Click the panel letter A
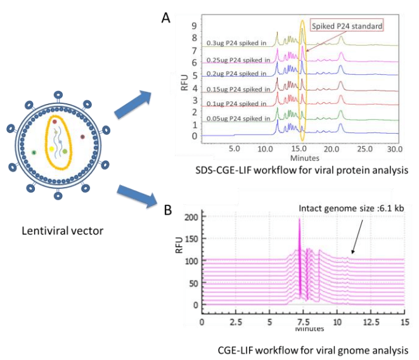(165, 17)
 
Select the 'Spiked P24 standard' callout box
(347, 26)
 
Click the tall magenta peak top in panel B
(299, 220)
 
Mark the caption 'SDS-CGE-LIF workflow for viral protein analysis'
(298, 170)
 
